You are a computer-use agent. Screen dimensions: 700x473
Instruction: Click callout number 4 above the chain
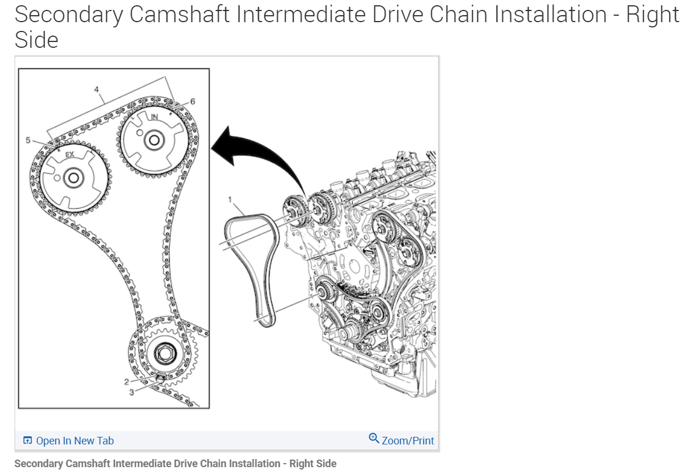pos(97,90)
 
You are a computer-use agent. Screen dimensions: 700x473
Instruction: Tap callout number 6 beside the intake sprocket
pos(192,101)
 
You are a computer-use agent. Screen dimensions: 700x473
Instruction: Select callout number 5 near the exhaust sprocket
pos(27,140)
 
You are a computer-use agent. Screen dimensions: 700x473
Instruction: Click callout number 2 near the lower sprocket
pos(126,381)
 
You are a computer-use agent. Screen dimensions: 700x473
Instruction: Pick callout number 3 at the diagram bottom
pos(131,393)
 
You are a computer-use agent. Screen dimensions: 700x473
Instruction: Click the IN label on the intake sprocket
pos(154,117)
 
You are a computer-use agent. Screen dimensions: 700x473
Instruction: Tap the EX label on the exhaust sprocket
pos(69,155)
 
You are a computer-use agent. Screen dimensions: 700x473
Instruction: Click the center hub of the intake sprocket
pos(153,141)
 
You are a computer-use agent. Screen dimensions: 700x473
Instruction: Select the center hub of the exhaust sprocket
pos(72,178)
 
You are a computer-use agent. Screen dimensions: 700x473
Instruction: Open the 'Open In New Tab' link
pos(75,441)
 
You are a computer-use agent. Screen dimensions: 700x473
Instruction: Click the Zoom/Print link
pos(408,441)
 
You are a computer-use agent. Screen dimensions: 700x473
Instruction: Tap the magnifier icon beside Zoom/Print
pos(374,438)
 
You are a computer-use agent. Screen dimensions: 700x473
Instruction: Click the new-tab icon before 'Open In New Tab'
pos(27,441)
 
